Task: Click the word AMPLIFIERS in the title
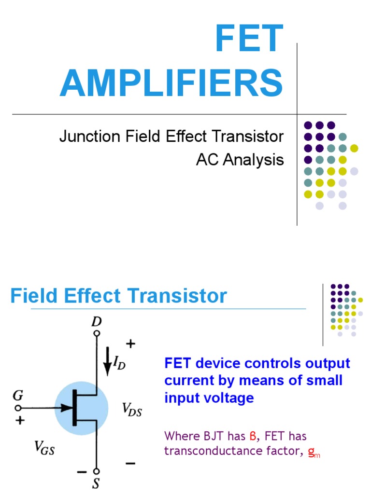click(171, 83)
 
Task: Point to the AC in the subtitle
click(206, 160)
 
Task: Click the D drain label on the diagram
click(97, 321)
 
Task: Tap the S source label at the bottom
click(97, 484)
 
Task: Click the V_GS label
click(44, 449)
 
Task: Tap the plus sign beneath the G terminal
click(20, 420)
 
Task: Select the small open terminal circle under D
click(97, 333)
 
